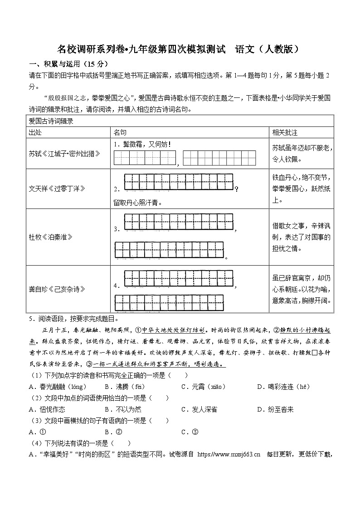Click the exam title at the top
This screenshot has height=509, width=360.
tap(180, 49)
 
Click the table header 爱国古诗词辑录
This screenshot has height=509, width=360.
tap(51, 121)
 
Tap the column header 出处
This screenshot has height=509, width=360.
tap(35, 132)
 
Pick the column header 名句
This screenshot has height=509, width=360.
tap(120, 132)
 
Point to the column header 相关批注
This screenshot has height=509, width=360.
tap(285, 132)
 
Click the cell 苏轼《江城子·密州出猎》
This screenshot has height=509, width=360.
tap(64, 154)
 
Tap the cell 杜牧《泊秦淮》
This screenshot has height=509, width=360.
tap(50, 237)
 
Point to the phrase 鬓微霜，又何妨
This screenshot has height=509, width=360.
tap(145, 145)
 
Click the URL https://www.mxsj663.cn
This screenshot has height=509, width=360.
tap(229, 454)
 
